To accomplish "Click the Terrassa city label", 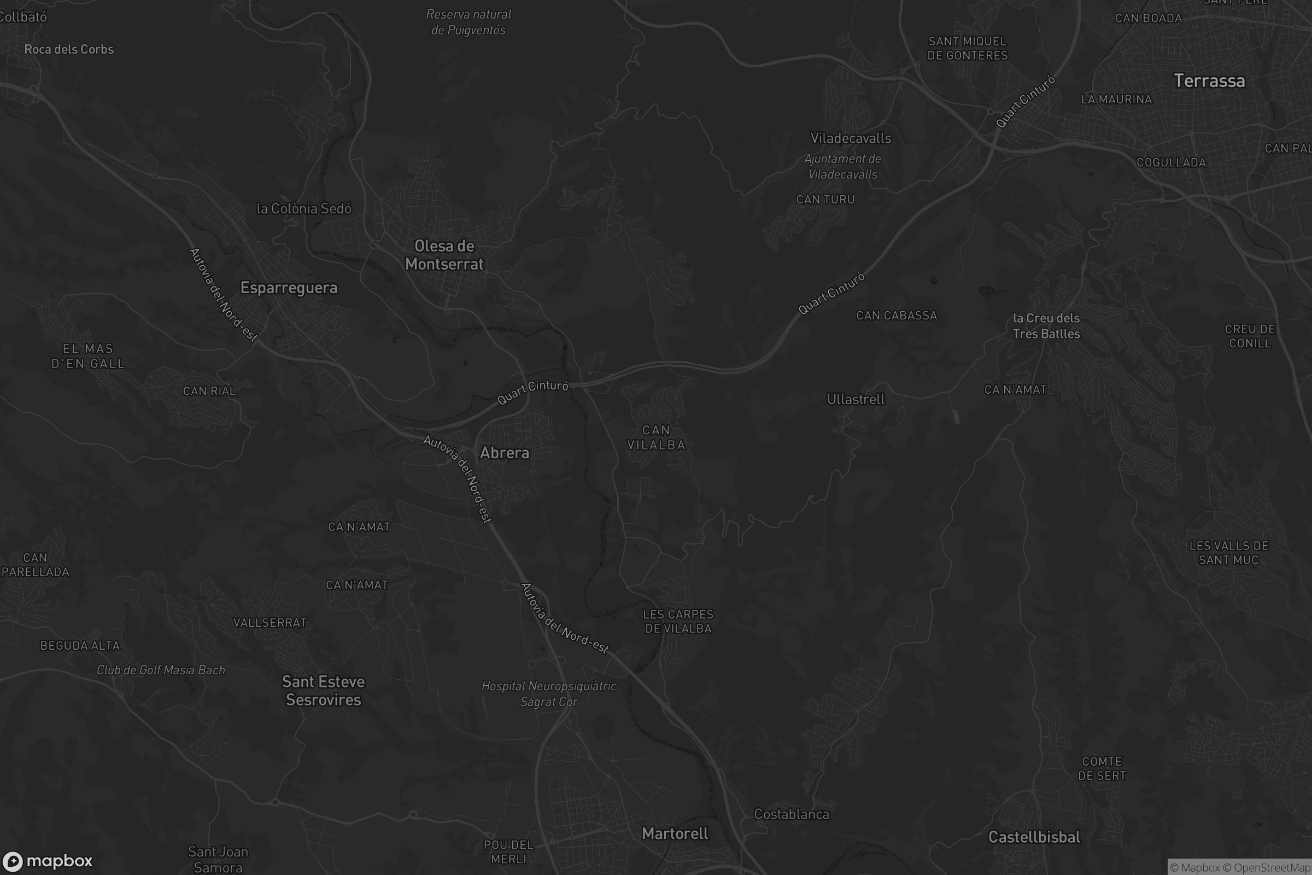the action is point(1209,81).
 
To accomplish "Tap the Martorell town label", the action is point(675,833).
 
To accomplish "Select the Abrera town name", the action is point(504,453).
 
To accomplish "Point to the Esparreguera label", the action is point(289,288).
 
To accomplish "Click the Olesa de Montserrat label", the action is point(444,255).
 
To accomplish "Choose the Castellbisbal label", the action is point(1034,837).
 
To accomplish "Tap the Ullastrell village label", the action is point(855,399).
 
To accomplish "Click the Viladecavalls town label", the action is point(850,138).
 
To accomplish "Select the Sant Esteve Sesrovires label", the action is point(323,691).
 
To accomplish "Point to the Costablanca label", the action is point(791,814).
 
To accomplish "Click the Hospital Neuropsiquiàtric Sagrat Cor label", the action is point(548,693).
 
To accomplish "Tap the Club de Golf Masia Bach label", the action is point(161,669).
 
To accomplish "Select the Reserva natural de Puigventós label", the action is point(468,22).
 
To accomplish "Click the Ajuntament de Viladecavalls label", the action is point(842,166).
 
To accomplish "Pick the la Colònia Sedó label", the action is point(303,209).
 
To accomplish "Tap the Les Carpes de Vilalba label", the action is point(678,621).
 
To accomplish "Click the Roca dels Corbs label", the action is point(69,49).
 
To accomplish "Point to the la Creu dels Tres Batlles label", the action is point(1046,326).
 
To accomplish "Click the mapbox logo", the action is point(47,860).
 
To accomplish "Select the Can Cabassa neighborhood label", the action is point(897,316).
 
